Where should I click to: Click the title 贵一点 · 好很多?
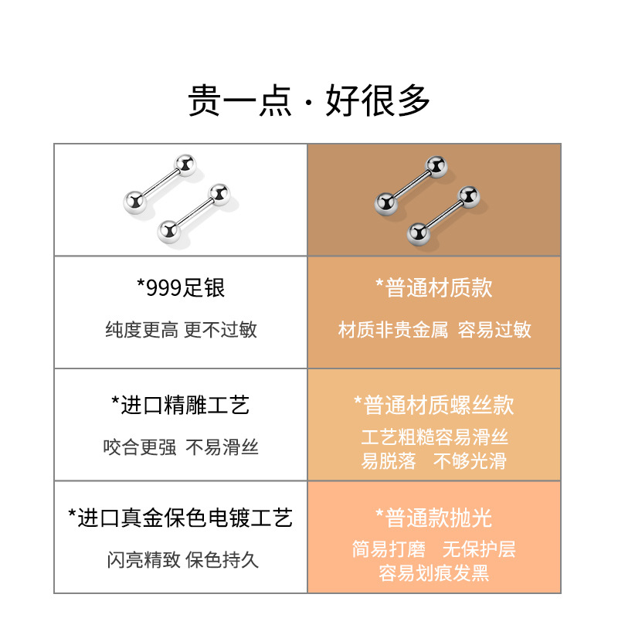(x=309, y=100)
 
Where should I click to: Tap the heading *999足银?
(x=181, y=288)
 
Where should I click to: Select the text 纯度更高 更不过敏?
(x=181, y=330)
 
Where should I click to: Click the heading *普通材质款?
(x=434, y=288)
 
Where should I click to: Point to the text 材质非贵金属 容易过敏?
(x=434, y=330)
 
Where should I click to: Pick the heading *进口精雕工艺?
(x=181, y=405)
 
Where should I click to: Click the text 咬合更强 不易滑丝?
(x=181, y=447)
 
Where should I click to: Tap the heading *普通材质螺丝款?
(x=434, y=405)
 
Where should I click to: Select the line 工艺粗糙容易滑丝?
(x=434, y=437)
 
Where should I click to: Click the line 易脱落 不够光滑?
(x=434, y=461)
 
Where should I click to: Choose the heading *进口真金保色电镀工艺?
(x=181, y=518)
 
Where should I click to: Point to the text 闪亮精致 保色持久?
(x=181, y=559)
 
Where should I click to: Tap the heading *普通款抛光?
(x=434, y=518)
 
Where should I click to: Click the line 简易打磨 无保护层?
(x=434, y=549)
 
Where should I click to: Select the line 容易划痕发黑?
(x=434, y=573)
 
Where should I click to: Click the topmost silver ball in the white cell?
(x=185, y=165)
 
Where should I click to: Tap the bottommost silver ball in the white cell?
(x=168, y=230)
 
